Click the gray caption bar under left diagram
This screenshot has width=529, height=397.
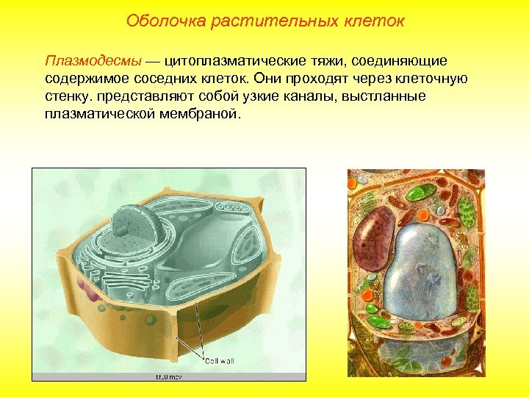coord(168,376)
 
